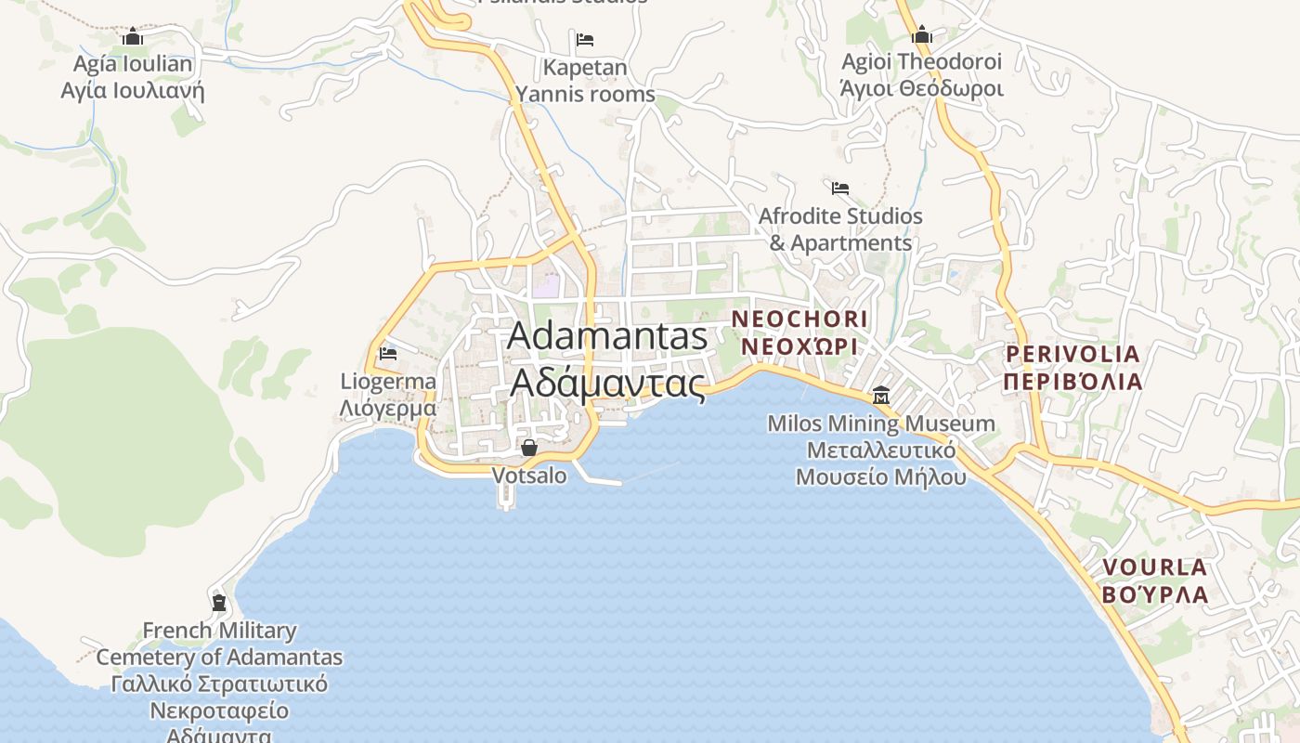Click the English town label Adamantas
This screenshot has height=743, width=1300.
607,336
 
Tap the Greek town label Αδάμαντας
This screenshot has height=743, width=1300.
607,382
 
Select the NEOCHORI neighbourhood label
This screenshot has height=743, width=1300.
799,319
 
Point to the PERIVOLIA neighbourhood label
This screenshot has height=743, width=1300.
1072,354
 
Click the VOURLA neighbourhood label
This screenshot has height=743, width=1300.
1155,567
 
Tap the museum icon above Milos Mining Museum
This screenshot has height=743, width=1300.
880,397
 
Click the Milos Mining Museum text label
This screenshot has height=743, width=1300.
880,424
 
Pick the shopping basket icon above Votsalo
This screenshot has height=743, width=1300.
529,449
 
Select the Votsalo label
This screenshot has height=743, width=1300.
529,476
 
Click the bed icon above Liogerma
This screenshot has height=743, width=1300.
388,354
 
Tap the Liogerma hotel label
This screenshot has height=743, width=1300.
388,382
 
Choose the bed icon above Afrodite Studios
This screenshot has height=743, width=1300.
840,188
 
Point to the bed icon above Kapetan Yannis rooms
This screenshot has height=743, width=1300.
585,40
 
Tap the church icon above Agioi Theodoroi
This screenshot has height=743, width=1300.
922,35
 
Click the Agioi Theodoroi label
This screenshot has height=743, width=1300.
922,62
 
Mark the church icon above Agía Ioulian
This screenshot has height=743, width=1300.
133,37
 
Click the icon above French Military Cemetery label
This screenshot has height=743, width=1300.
219,602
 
